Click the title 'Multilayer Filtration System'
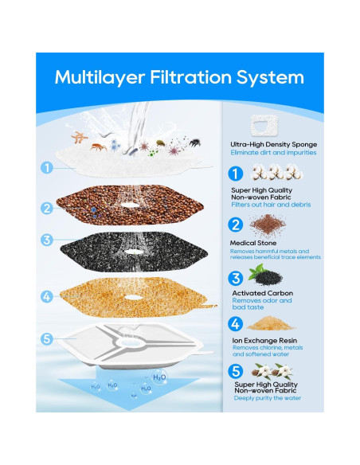[x=179, y=77]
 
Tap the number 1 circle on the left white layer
[x=47, y=168]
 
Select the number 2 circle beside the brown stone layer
[x=47, y=208]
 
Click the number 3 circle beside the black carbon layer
[x=47, y=239]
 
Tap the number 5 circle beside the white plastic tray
[x=47, y=338]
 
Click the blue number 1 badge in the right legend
[x=236, y=174]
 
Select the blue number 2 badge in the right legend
[x=236, y=225]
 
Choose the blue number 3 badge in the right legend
[x=236, y=279]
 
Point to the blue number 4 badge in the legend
[x=236, y=324]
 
